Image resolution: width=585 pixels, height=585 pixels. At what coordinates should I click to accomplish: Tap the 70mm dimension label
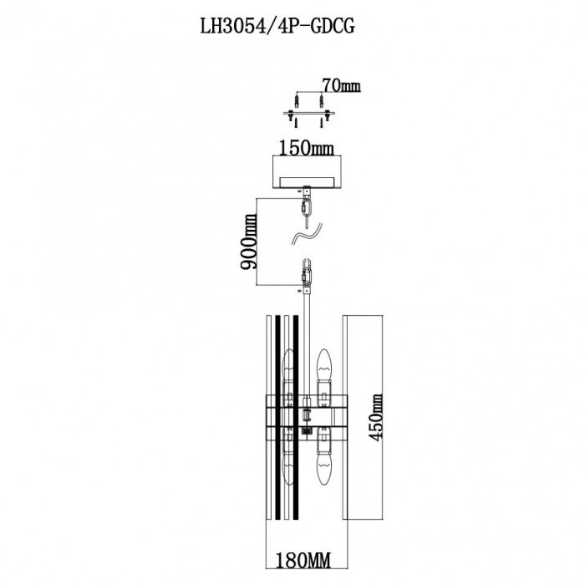coord(341,85)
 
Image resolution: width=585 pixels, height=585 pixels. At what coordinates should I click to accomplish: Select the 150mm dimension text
coord(307,149)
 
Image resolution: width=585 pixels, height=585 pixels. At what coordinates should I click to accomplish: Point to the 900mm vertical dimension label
coord(248,243)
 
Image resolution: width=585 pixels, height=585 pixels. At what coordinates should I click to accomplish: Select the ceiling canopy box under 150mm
coord(307,173)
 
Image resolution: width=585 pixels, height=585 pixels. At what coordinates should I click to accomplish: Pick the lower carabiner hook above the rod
coord(308,273)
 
